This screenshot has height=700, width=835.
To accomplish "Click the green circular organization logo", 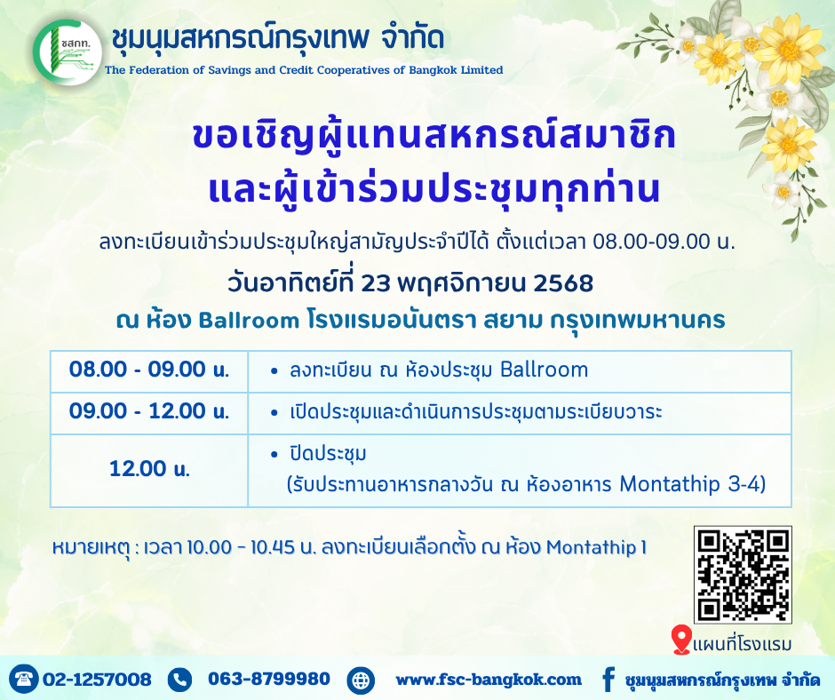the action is coord(67,52).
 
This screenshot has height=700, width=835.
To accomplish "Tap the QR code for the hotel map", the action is coord(743,574).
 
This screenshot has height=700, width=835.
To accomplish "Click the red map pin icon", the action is coord(681,640).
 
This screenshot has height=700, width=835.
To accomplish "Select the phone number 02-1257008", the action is coord(97,680).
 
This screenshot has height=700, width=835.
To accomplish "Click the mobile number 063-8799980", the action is coord(269,679).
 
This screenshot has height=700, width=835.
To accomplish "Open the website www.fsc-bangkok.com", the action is coord(489,680).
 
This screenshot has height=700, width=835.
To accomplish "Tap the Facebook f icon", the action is coord(608,680).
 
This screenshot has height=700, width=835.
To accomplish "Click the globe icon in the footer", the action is coord(361,680).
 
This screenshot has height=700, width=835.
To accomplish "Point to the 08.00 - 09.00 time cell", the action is coord(149,371).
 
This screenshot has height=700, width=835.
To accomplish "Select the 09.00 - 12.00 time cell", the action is coord(149,413).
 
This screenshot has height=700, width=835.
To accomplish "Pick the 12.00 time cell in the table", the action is coord(149,470).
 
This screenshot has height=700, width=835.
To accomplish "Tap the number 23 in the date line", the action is coord(376,283).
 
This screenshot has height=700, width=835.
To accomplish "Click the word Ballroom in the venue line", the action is coord(249,321).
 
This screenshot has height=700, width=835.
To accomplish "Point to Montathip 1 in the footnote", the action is coord(596,547).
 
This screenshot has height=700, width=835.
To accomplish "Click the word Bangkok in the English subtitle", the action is coord(431,70).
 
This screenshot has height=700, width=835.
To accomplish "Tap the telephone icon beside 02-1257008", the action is coord(24,679).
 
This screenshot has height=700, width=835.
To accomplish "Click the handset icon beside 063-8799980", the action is coord(180,680).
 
